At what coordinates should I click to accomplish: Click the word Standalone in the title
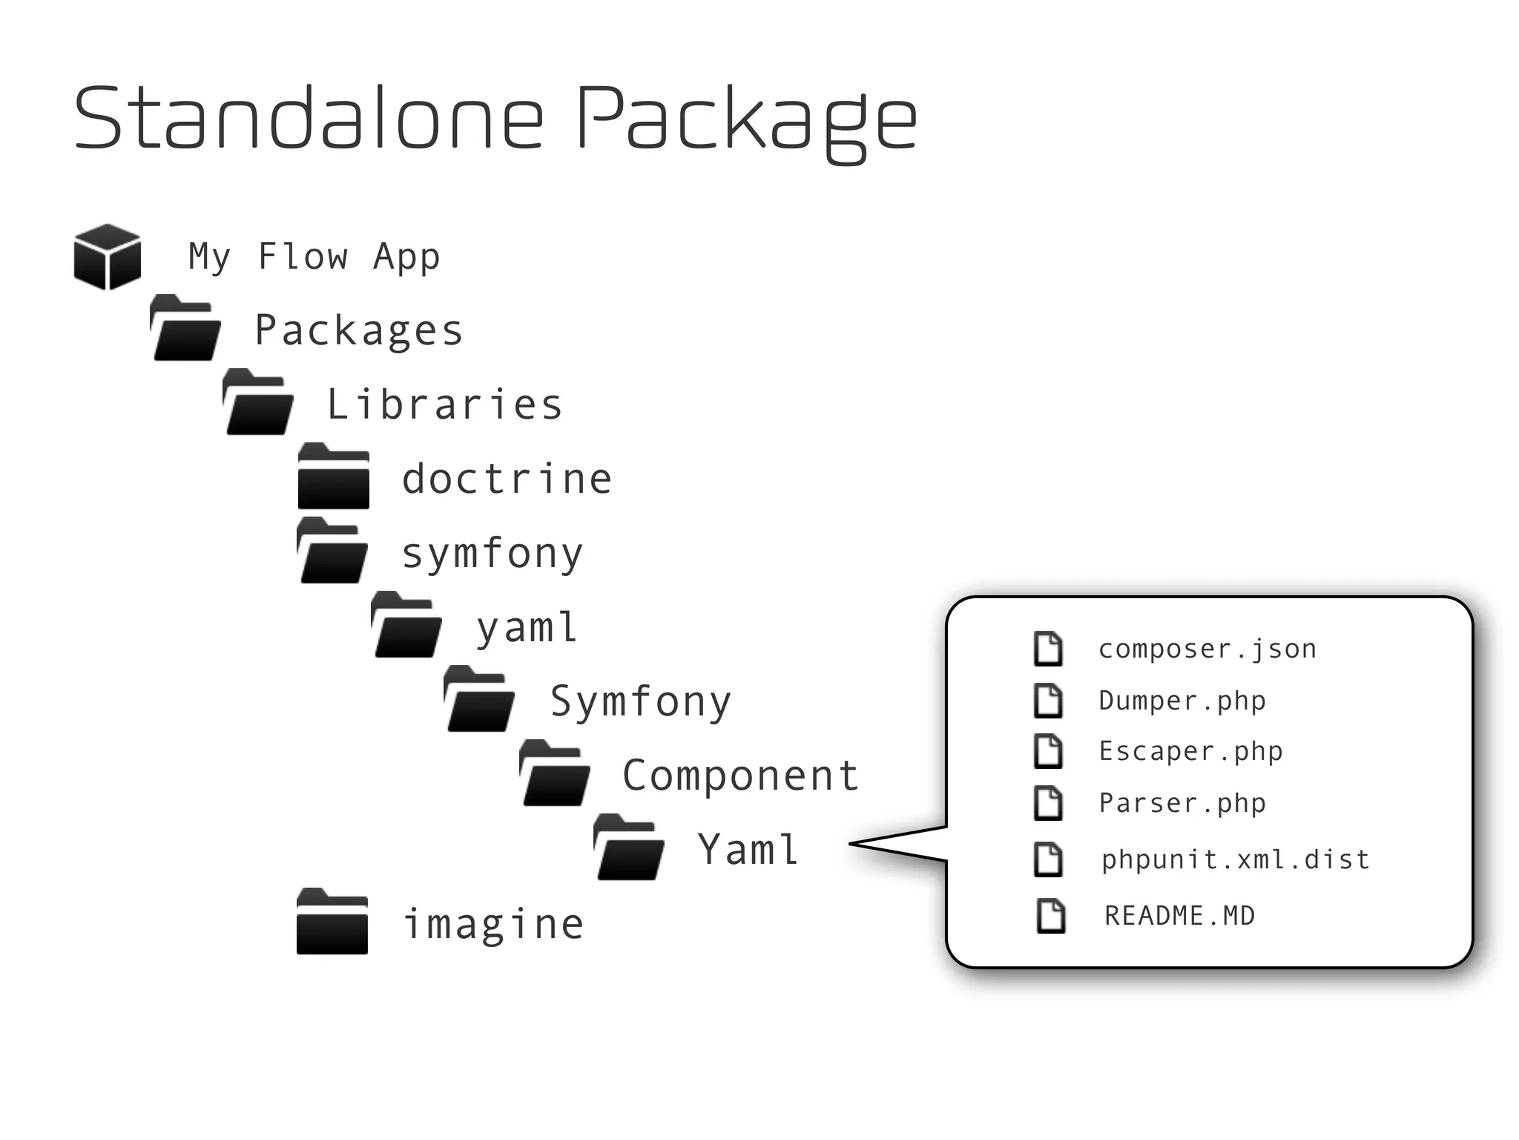tap(308, 119)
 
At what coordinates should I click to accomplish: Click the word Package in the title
tap(746, 119)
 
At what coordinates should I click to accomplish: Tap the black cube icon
tap(108, 256)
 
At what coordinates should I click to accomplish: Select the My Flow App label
tap(314, 257)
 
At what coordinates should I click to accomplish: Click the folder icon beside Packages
tap(185, 328)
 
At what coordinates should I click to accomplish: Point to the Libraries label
tap(444, 404)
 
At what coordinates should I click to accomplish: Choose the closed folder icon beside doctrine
tap(333, 476)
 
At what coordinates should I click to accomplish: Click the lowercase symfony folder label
tap(492, 554)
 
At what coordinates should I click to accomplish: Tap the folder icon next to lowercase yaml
tap(406, 625)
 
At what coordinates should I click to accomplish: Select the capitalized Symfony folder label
tap(640, 701)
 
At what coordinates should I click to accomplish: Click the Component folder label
tap(740, 776)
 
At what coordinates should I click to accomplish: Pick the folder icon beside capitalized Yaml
tap(629, 848)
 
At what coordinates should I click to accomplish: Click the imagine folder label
tap(492, 924)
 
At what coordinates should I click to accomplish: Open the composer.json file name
tap(1207, 649)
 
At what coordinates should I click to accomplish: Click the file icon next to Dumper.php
tap(1048, 701)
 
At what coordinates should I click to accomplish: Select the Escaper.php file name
tap(1190, 751)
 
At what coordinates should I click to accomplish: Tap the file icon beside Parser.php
tap(1048, 803)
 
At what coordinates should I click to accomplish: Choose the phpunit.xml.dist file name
tap(1235, 859)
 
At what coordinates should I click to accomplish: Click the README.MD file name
tap(1179, 916)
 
